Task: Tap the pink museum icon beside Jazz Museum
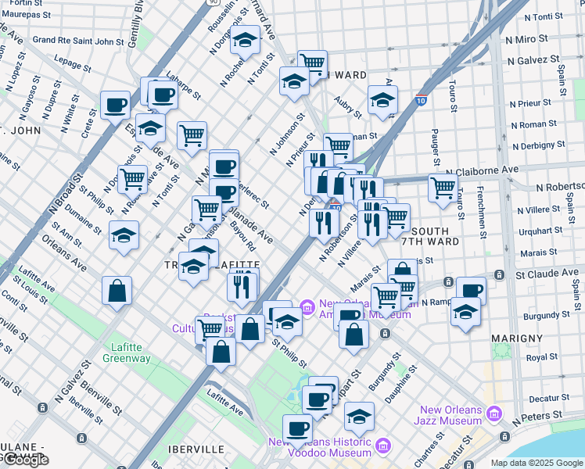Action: pos(493,413)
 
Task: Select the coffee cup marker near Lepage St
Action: pos(116,105)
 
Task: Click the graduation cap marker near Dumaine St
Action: pos(124,236)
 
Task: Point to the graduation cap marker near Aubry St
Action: pos(382,100)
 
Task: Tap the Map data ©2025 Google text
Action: pos(537,463)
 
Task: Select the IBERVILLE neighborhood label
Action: pos(196,449)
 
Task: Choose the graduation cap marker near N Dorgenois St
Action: pos(246,41)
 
